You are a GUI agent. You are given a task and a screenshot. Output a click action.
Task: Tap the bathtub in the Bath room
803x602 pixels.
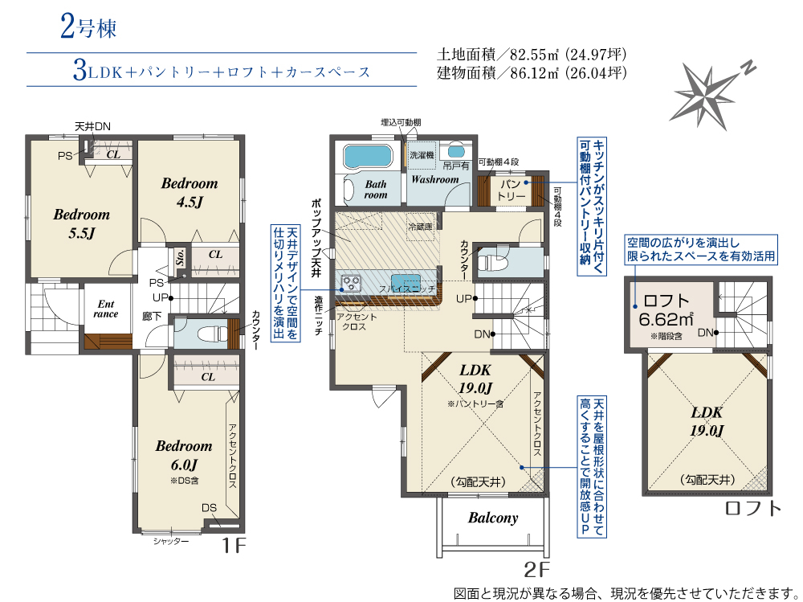[368, 155]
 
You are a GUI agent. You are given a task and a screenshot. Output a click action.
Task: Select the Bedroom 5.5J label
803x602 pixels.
[82, 223]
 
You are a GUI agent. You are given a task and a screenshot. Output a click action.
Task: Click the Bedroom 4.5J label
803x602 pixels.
[190, 192]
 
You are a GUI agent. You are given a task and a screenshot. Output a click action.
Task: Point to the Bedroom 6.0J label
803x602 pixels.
[184, 456]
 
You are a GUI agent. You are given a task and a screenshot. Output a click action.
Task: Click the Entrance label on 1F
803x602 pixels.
[106, 309]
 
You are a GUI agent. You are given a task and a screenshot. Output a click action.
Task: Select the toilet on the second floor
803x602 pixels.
[492, 263]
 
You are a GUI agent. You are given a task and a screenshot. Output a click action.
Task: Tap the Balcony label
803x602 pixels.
[493, 518]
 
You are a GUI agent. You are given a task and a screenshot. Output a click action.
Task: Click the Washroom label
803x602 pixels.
[434, 179]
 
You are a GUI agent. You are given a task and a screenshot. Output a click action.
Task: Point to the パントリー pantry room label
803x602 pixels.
[512, 190]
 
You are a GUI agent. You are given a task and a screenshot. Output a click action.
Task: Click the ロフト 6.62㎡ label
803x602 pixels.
[666, 311]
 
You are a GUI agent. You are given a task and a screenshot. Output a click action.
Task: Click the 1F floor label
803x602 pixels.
[233, 546]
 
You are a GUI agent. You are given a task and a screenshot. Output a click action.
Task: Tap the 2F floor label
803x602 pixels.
[536, 569]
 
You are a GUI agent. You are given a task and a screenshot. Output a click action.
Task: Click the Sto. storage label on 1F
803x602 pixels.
[180, 256]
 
